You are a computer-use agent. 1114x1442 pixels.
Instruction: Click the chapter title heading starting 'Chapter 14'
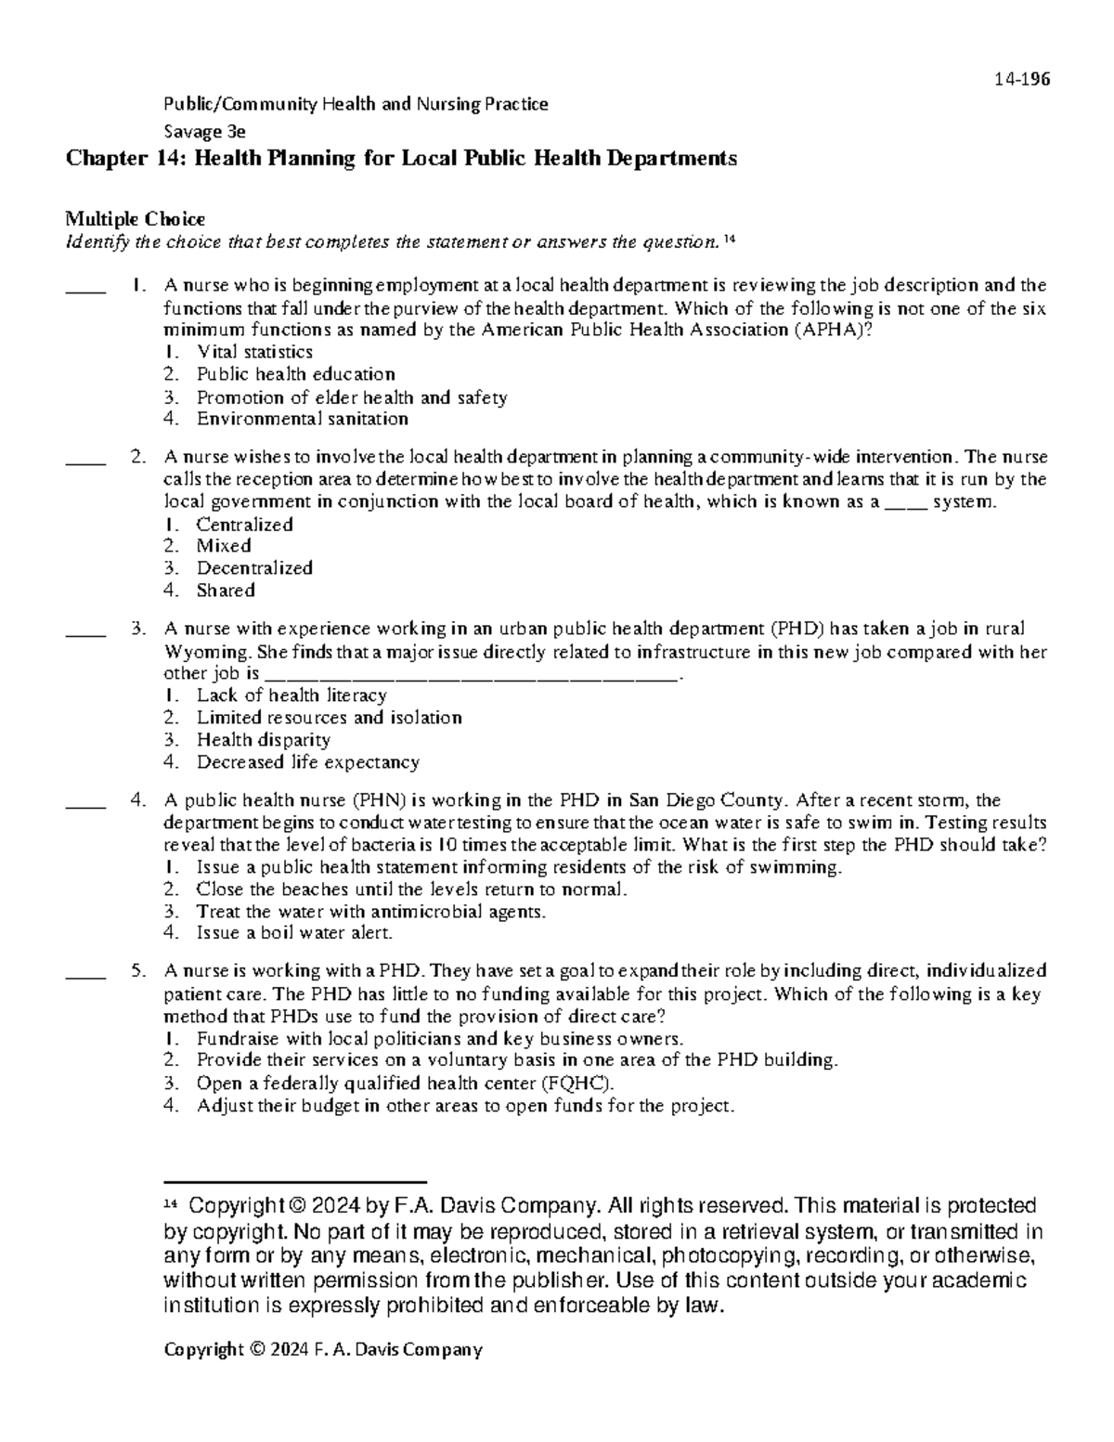(x=401, y=159)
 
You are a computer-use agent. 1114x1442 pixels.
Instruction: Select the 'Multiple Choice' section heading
(x=135, y=219)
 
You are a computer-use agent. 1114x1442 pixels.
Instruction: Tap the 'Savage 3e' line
(x=204, y=131)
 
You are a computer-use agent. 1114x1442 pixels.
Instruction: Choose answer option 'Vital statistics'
(x=254, y=352)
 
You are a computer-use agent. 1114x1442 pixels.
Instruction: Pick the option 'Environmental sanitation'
(x=302, y=419)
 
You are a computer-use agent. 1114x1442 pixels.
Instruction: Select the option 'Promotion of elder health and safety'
(x=351, y=397)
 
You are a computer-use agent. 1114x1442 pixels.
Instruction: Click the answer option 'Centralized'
(x=244, y=525)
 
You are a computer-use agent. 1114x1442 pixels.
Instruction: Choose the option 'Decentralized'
(x=253, y=568)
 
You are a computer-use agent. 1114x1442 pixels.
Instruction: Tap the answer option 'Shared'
(x=226, y=591)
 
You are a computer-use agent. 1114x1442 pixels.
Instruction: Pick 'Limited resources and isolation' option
(x=329, y=718)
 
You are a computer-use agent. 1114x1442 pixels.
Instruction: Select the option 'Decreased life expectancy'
(x=307, y=762)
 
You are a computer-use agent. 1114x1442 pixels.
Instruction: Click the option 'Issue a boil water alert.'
(x=294, y=933)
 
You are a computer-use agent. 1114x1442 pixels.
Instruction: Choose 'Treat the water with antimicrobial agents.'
(x=371, y=911)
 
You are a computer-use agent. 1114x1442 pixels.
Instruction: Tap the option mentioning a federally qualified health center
(x=405, y=1084)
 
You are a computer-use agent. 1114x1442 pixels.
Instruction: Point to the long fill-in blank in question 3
(x=472, y=677)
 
